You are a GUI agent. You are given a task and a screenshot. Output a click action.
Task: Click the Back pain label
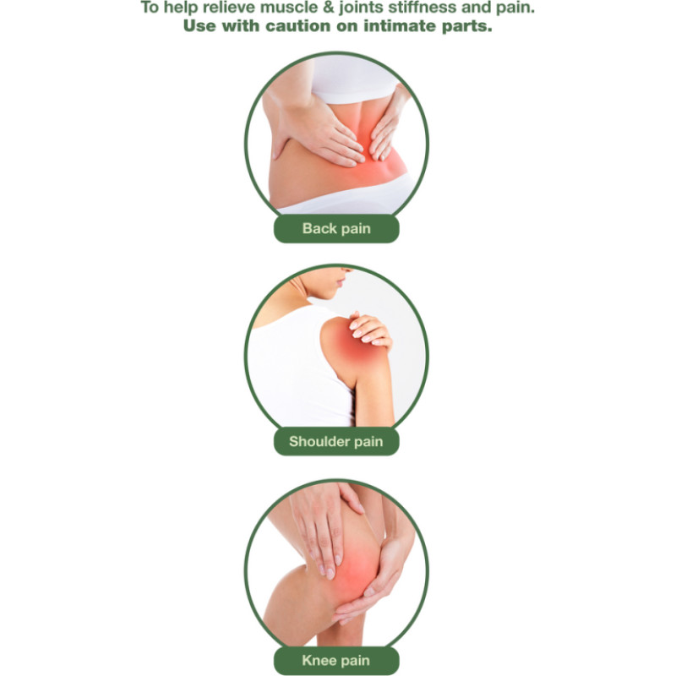pos(336,228)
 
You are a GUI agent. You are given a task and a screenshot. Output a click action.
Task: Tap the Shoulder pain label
pos(336,441)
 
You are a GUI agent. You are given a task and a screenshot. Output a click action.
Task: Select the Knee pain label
pos(336,660)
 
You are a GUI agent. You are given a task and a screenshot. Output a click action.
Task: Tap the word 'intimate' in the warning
pos(400,26)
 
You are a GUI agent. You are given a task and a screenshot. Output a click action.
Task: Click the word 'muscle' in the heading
pos(292,8)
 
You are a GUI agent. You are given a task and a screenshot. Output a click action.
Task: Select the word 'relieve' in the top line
pos(232,8)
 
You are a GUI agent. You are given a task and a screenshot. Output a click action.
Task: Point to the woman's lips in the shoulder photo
pos(341,283)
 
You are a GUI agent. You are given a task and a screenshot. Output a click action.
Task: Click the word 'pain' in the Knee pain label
pos(356,661)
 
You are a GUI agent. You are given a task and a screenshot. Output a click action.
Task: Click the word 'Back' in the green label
pos(319,228)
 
